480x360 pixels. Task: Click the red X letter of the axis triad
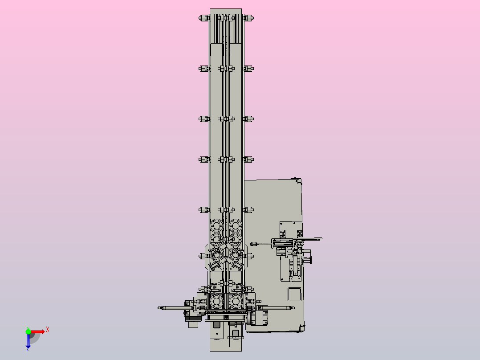(48, 330)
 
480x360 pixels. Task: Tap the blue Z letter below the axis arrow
(28, 349)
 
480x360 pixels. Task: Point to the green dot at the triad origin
(28, 331)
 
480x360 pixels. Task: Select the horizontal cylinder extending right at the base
(277, 308)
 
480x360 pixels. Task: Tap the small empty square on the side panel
(294, 294)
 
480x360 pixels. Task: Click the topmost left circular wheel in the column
(217, 226)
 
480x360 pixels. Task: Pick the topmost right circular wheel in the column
(236, 226)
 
